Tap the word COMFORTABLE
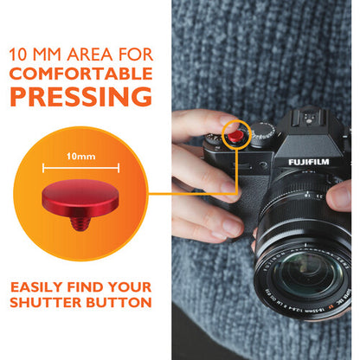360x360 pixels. click(x=81, y=73)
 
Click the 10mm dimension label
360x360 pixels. click(x=81, y=158)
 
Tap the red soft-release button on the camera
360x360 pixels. click(x=235, y=135)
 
